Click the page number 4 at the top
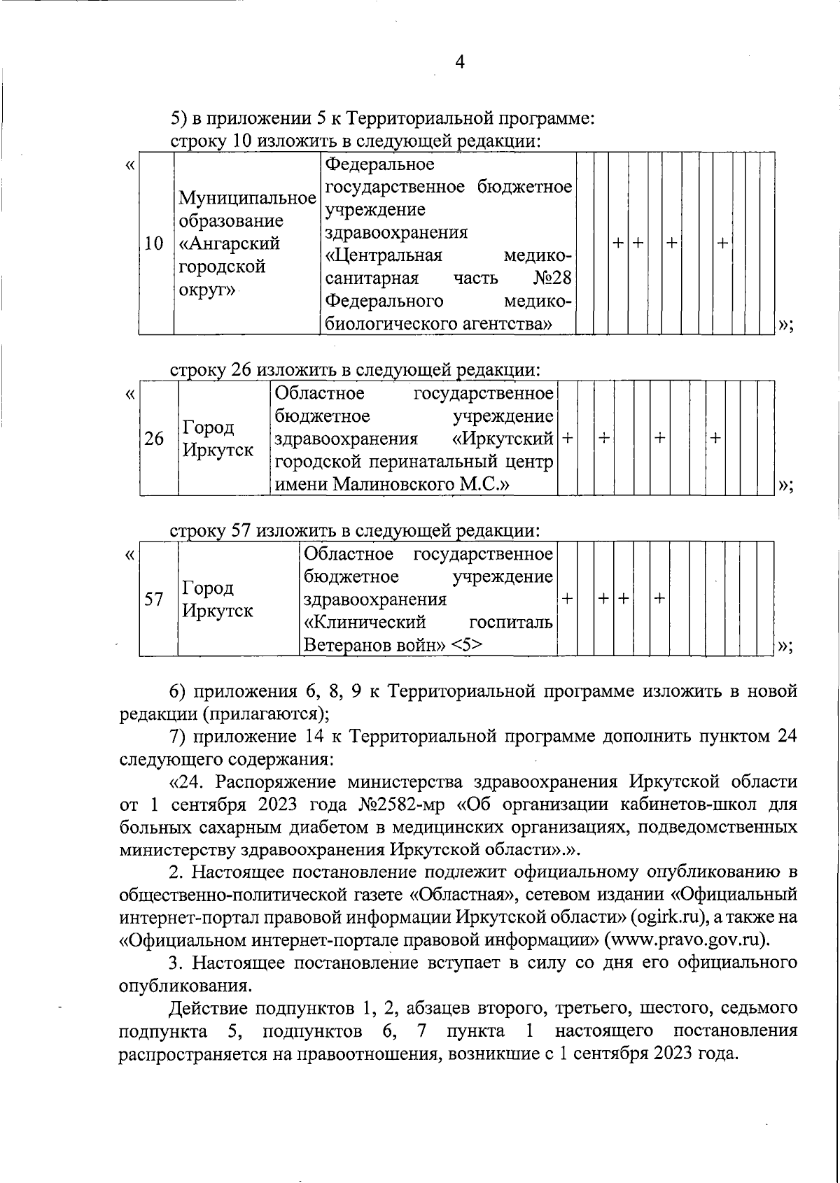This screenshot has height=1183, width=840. click(460, 62)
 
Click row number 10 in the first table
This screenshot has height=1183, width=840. click(153, 244)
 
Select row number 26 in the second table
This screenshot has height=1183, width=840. click(154, 439)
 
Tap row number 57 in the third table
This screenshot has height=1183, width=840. click(153, 600)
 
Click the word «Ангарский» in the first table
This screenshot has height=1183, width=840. click(230, 244)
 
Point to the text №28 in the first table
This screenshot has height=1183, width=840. click(552, 278)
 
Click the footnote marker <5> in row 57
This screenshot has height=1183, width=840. click(465, 645)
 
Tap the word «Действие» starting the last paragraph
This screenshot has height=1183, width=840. click(207, 1009)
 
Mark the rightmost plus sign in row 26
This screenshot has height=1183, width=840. click(715, 438)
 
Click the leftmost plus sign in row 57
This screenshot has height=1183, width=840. click(567, 599)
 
